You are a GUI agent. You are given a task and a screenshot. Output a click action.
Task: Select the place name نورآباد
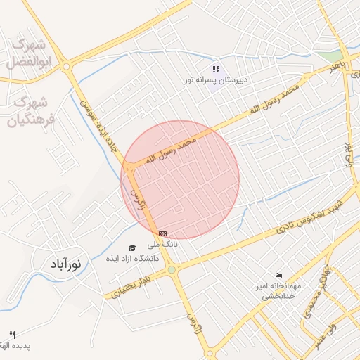click(65, 265)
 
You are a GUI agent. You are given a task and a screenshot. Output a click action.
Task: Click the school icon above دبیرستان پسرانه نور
click(217, 70)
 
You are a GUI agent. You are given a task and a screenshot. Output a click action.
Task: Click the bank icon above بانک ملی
click(163, 233)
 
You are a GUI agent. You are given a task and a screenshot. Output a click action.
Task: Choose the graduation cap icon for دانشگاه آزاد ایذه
click(132, 247)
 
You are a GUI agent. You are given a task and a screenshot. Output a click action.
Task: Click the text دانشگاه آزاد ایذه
click(133, 258)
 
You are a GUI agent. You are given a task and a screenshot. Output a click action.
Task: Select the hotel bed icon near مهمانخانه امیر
click(279, 276)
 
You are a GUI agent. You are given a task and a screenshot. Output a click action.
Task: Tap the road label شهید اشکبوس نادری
click(309, 215)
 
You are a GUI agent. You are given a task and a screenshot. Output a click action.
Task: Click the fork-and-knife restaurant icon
click(12, 334)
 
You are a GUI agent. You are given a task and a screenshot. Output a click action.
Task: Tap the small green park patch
click(328, 54)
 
